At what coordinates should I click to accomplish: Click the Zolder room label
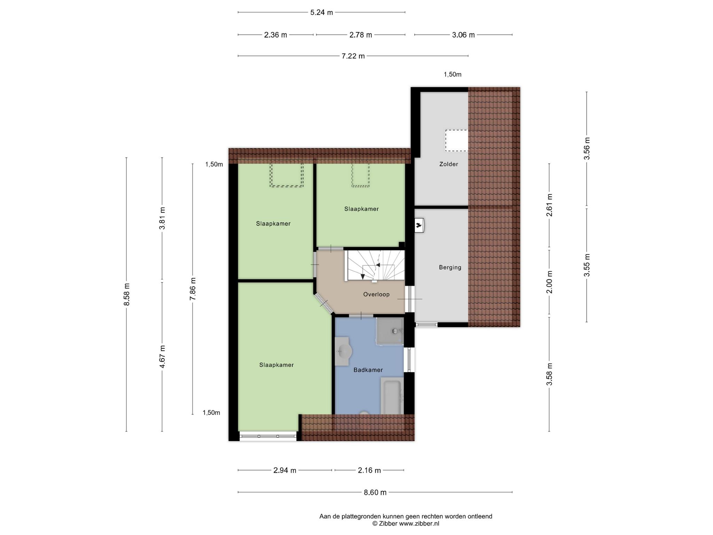pos(448,164)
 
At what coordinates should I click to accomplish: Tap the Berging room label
pos(450,267)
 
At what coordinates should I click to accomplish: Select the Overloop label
pos(376,294)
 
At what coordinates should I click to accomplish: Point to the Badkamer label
pos(368,370)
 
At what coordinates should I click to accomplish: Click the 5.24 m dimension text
pos(322,13)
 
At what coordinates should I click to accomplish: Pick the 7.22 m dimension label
pos(353,56)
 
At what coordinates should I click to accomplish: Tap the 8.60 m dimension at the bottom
pos(375,493)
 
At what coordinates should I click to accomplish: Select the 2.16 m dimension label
pos(369,471)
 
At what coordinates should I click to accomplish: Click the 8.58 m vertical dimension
pos(127,294)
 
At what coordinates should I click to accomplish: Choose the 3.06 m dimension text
pos(463,35)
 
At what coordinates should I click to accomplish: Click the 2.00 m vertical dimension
pos(549,282)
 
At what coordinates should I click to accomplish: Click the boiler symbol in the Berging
pos(419,225)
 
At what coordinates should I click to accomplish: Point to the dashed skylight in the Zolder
pos(456,141)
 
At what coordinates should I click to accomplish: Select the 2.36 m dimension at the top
pos(275,35)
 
